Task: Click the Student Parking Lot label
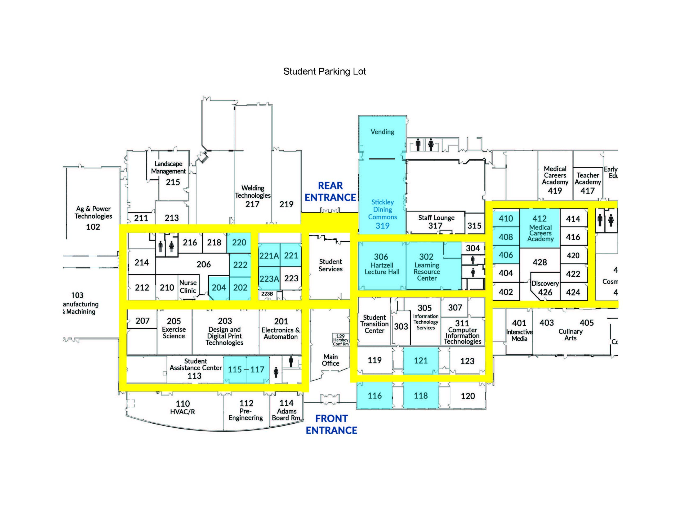point(324,72)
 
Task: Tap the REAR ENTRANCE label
point(330,192)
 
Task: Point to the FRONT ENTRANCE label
point(331,424)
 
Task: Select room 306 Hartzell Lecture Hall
point(382,264)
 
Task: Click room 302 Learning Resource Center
point(427,267)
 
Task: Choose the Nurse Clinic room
point(188,287)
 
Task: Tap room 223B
point(267,294)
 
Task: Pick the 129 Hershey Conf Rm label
point(341,340)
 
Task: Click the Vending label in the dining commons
point(382,132)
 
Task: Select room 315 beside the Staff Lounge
point(474,226)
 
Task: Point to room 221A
point(269,256)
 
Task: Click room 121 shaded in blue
point(421,361)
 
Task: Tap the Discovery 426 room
point(545,288)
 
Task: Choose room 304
point(473,248)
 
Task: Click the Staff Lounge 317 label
point(436,222)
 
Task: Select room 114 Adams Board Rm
point(286,410)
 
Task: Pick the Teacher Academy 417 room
point(587,183)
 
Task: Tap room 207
point(142,321)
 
